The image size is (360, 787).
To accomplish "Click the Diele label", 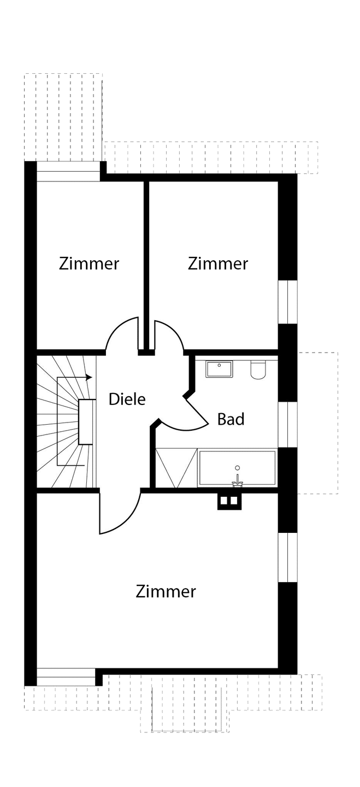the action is [x=127, y=399].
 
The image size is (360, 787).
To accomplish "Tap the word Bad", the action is [x=231, y=419].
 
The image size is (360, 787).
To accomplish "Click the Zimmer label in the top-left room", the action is [x=89, y=263].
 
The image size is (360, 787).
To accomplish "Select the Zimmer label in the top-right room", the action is [x=218, y=263].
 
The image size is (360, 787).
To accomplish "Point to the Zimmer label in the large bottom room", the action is [x=166, y=591].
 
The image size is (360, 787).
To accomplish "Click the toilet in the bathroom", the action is [x=258, y=370].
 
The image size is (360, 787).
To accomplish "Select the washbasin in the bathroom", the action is [x=219, y=369].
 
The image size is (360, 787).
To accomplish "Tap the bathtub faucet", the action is [x=238, y=480].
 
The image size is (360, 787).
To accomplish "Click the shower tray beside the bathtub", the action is [x=176, y=468].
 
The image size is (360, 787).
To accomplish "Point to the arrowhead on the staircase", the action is [x=89, y=377].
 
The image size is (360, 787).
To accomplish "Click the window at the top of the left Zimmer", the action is [x=68, y=171].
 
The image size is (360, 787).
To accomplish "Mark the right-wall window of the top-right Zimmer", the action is [x=288, y=302].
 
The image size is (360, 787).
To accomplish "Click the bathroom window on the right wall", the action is [x=288, y=425].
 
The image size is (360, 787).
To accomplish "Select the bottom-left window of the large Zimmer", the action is [x=66, y=677].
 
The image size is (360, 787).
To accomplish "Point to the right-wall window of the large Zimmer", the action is [x=288, y=557].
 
